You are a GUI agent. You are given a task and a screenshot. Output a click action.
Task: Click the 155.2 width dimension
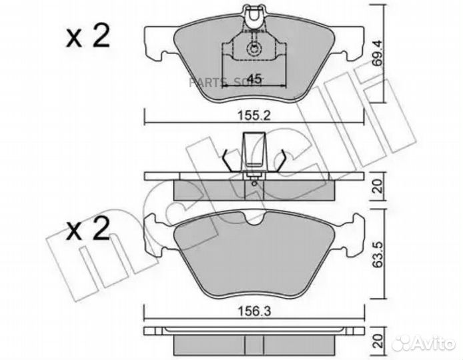(x=254, y=114)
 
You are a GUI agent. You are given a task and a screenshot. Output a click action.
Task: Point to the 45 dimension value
(x=254, y=75)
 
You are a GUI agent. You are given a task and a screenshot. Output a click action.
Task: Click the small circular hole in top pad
(x=254, y=48)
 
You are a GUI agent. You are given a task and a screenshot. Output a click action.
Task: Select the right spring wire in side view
(x=283, y=159)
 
